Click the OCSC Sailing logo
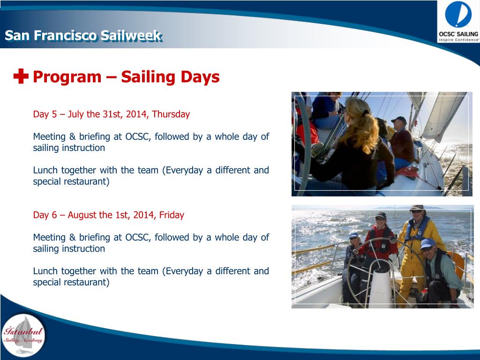[x=458, y=22]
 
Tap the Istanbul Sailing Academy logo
[x=23, y=336]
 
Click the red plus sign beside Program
[x=21, y=76]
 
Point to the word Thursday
[x=171, y=114]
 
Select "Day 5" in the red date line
[x=45, y=114]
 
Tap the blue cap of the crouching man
[x=427, y=244]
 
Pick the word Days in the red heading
[x=200, y=76]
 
